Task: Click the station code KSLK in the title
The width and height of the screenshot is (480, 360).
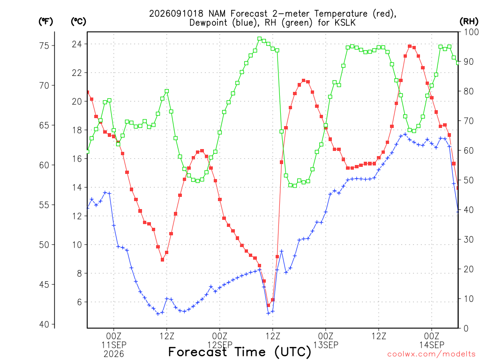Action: (345, 22)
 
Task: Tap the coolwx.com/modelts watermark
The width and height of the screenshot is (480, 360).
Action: (431, 354)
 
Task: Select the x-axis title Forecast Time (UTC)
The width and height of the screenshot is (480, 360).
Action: (240, 352)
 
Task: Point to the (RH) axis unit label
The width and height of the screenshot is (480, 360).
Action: (469, 22)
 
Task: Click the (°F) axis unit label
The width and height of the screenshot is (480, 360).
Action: (45, 22)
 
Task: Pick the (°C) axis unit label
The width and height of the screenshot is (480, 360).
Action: (78, 22)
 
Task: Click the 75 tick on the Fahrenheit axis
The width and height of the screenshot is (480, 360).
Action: (44, 45)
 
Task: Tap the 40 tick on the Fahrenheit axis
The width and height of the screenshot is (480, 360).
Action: (44, 324)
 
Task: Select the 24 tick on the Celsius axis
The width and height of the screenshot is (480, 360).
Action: (77, 44)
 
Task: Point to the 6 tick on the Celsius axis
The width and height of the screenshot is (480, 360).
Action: (79, 302)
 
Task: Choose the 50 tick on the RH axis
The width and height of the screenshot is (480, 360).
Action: (469, 180)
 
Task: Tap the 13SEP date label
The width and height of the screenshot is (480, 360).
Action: (326, 345)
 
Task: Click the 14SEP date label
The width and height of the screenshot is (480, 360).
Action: (432, 345)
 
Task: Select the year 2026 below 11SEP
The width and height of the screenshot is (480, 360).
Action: (114, 354)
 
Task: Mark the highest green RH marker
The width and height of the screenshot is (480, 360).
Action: (260, 39)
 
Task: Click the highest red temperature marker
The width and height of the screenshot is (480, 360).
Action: (410, 46)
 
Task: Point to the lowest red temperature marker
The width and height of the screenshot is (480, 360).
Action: (269, 305)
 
